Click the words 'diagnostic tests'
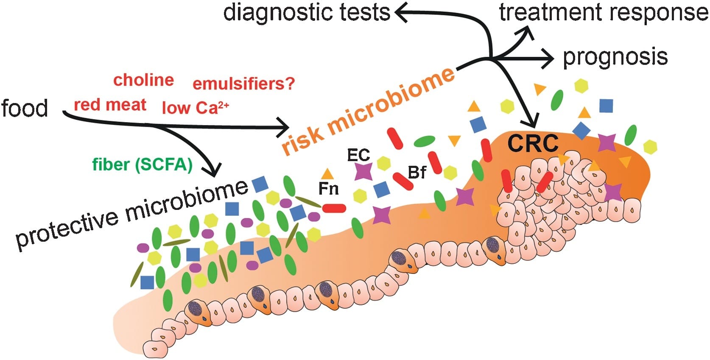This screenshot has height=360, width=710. pyautogui.click(x=307, y=12)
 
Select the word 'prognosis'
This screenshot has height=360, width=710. pyautogui.click(x=615, y=57)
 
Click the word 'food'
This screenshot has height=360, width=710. pyautogui.click(x=25, y=108)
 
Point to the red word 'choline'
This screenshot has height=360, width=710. pyautogui.click(x=144, y=80)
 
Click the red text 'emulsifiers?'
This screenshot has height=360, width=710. pyautogui.click(x=244, y=84)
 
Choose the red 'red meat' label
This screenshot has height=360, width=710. pyautogui.click(x=110, y=105)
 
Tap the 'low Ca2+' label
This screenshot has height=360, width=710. pyautogui.click(x=195, y=108)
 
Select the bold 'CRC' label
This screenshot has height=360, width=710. pyautogui.click(x=533, y=144)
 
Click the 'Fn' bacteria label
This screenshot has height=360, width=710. pyautogui.click(x=329, y=189)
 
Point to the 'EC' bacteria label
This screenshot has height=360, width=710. pyautogui.click(x=358, y=155)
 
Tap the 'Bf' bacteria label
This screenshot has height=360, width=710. pyautogui.click(x=417, y=173)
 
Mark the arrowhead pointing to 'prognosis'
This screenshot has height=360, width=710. pyautogui.click(x=548, y=59)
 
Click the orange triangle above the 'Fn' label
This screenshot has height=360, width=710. pyautogui.click(x=327, y=174)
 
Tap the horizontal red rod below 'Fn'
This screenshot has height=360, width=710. pyautogui.click(x=334, y=208)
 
